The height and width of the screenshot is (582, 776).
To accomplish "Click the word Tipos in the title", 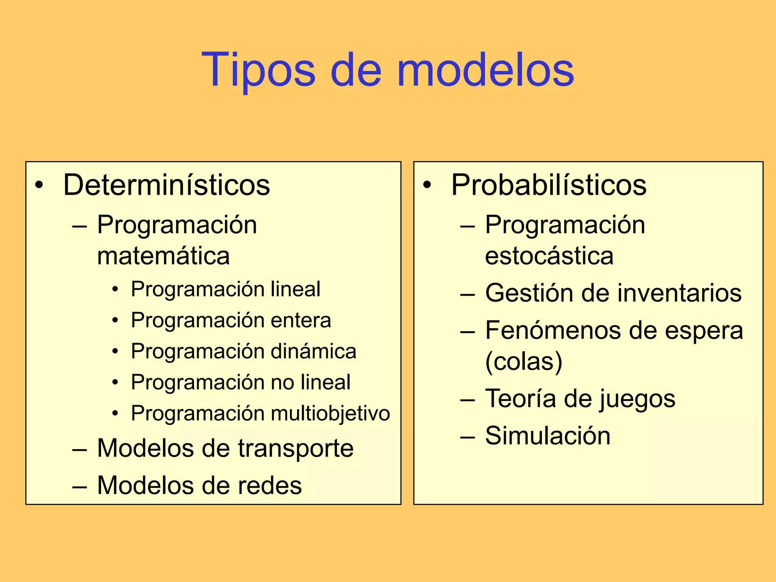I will [258, 71].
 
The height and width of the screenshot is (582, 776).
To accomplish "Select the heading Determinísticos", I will [166, 185].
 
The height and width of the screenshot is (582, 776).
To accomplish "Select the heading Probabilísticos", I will [549, 185].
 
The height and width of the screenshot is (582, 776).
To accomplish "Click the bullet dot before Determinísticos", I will [39, 185].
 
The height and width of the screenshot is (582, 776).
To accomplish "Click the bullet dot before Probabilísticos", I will [427, 185].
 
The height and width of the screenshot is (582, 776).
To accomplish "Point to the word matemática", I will [163, 256].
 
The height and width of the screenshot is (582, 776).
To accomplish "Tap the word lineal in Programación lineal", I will [296, 289].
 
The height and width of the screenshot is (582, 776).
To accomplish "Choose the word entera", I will [301, 321].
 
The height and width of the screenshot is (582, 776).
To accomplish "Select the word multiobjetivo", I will [330, 413].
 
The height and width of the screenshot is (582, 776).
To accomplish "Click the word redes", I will [269, 485].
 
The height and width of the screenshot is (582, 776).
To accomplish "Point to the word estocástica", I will [549, 256].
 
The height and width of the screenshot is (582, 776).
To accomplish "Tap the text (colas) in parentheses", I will [524, 361].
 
